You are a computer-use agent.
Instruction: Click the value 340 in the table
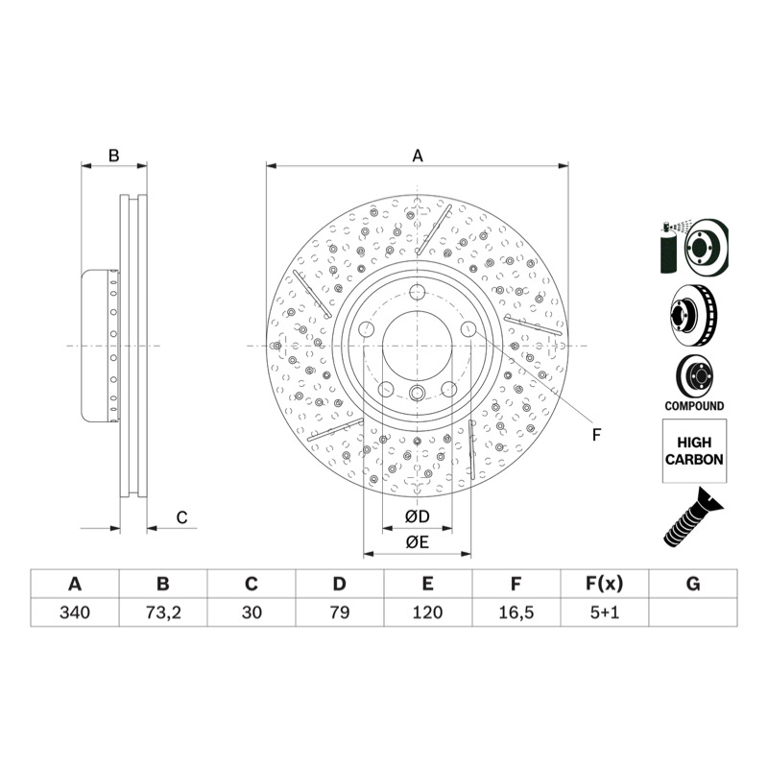[75, 612]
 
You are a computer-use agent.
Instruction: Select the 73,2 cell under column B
[163, 612]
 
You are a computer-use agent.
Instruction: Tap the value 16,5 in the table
[516, 612]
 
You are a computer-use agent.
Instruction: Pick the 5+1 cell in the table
[605, 612]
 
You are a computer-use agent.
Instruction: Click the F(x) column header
[605, 584]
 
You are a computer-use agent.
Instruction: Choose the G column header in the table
[693, 584]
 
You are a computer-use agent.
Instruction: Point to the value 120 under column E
[427, 612]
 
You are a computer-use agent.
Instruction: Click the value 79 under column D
[340, 612]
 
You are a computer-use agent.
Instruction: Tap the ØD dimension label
[418, 516]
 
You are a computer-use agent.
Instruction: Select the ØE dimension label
[418, 542]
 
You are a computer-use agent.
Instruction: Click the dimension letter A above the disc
[418, 156]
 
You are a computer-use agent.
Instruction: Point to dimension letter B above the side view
[113, 156]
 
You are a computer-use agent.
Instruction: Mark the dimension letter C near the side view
[181, 517]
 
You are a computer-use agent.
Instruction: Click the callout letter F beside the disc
[596, 435]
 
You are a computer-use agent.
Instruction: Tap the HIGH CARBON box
[694, 451]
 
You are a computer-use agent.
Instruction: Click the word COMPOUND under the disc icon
[694, 406]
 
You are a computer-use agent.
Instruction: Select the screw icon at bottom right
[693, 517]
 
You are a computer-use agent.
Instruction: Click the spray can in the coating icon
[669, 249]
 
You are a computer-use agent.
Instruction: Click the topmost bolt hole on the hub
[417, 292]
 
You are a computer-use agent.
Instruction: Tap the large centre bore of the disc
[417, 346]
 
